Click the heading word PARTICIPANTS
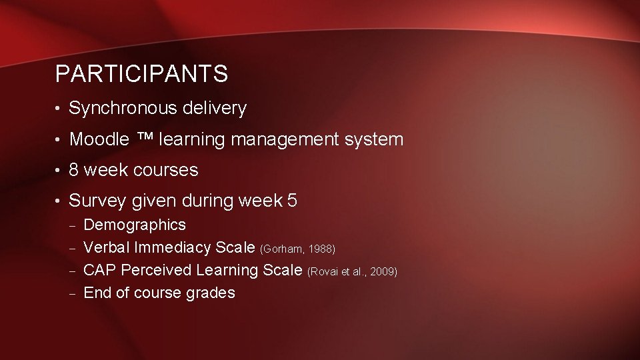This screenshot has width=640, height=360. (141, 74)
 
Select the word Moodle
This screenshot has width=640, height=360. (99, 139)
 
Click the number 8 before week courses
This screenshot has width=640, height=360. (74, 170)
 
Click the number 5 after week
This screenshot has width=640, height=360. (292, 201)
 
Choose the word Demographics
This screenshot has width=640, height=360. (135, 225)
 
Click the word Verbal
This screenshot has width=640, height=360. (106, 248)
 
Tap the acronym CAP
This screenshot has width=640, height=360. (100, 270)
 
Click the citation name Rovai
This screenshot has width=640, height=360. (323, 272)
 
